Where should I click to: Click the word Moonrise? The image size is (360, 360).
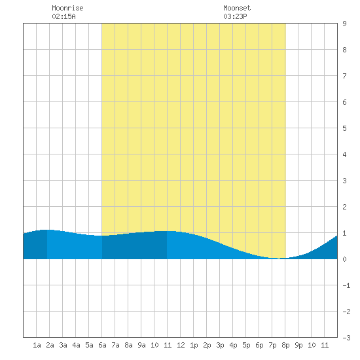(x=67, y=8)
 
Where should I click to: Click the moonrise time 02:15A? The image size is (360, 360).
(x=63, y=16)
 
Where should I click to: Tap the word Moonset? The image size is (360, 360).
(x=237, y=8)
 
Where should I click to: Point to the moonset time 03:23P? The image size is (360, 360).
(x=235, y=16)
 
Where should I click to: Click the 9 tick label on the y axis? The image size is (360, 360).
(x=344, y=24)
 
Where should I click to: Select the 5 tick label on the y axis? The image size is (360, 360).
(x=344, y=128)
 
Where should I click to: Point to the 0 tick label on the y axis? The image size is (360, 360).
(x=344, y=259)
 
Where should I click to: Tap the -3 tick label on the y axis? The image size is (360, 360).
(x=346, y=338)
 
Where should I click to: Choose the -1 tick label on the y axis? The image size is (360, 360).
(x=346, y=285)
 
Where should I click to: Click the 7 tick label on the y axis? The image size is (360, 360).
(x=344, y=76)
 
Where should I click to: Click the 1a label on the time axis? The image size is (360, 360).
(x=37, y=345)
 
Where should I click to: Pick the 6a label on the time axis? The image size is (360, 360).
(x=102, y=345)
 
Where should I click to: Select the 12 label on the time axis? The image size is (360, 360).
(x=181, y=345)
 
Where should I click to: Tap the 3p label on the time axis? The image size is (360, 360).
(x=220, y=345)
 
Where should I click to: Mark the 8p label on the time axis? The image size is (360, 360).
(x=285, y=345)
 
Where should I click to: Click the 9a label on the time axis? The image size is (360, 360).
(x=141, y=345)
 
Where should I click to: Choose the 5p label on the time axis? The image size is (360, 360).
(x=246, y=345)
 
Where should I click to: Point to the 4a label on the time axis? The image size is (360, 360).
(x=76, y=345)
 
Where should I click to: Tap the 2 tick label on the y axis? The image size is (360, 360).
(x=344, y=207)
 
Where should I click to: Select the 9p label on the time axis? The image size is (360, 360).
(x=298, y=345)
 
